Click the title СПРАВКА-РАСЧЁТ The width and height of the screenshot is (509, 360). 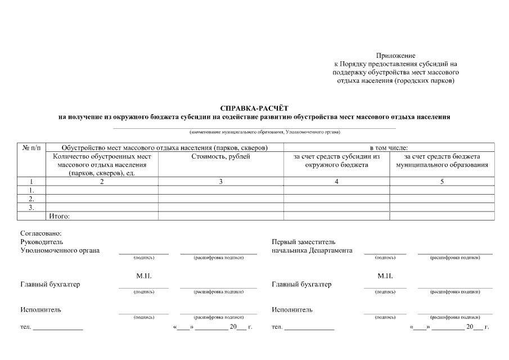(254, 108)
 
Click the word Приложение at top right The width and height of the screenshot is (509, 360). (395, 56)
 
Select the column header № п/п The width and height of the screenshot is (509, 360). (31, 147)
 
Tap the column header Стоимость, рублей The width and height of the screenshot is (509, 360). (220, 157)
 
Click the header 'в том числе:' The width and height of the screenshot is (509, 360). (389, 147)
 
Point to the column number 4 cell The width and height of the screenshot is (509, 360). (336, 181)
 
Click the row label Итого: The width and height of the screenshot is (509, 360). (60, 215)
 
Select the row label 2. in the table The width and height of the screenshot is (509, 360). (31, 199)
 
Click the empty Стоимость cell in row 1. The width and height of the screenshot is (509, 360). (220, 190)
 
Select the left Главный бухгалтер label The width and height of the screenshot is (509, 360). (50, 284)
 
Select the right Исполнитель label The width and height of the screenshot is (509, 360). (292, 310)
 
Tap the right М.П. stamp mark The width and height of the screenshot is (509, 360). (385, 276)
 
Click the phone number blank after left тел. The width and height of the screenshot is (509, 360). (57, 327)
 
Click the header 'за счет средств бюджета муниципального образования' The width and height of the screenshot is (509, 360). (442, 161)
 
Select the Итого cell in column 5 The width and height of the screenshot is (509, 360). (442, 215)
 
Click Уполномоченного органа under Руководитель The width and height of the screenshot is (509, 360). (60, 250)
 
